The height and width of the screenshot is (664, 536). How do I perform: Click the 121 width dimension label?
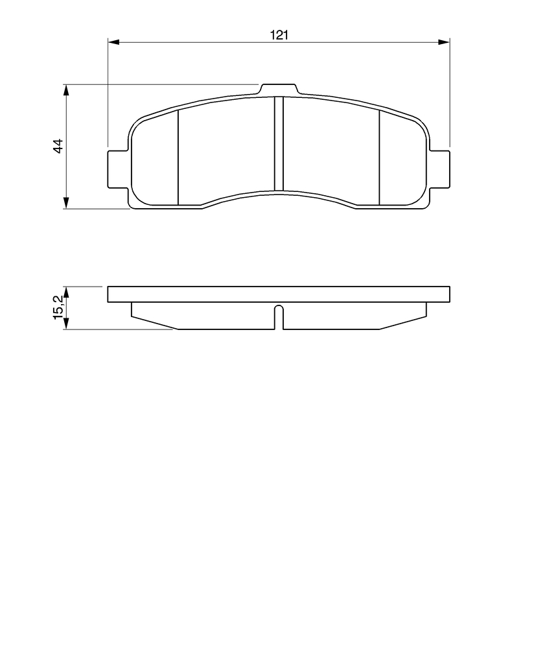click(x=279, y=35)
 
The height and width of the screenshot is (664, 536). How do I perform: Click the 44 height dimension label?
click(x=58, y=146)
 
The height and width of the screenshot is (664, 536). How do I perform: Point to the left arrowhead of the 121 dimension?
click(x=114, y=42)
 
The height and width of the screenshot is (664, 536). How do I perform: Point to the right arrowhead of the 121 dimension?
click(x=443, y=42)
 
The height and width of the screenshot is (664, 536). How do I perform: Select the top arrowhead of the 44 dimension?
click(x=65, y=91)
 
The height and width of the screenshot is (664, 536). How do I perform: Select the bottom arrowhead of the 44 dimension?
click(x=65, y=202)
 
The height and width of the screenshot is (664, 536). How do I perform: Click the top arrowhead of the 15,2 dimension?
click(x=65, y=292)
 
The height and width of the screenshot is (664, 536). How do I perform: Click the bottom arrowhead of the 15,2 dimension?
click(x=65, y=323)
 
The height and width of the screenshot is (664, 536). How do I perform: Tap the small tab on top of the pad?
click(x=279, y=89)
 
